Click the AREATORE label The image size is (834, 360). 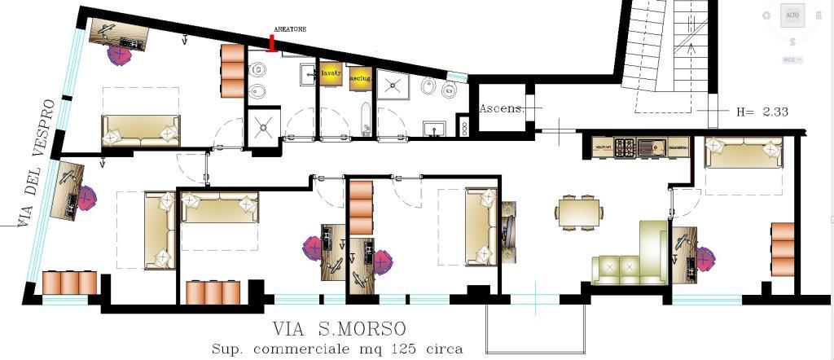tap(289, 29)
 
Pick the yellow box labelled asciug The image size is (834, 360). tap(360, 77)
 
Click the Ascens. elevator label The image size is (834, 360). tap(500, 108)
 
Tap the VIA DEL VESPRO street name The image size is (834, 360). tap(37, 163)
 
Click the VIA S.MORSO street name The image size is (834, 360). tap(339, 329)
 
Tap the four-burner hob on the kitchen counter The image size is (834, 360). tap(625, 147)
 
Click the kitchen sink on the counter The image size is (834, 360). tap(652, 147)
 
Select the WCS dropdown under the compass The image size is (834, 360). tap(792, 59)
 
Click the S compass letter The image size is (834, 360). tap(792, 42)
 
